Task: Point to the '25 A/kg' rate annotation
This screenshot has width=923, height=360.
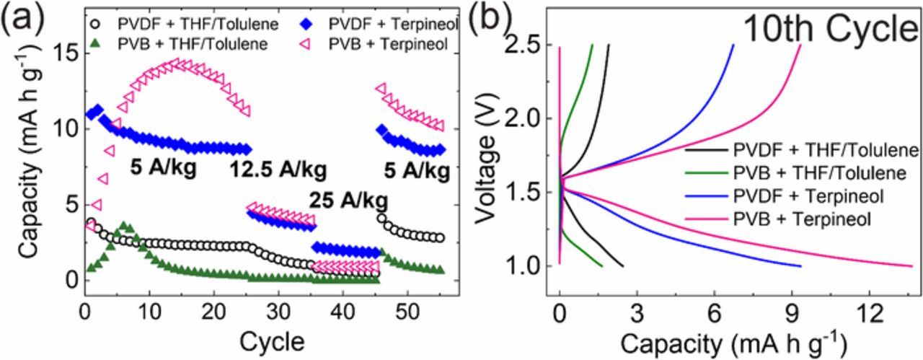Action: (349, 199)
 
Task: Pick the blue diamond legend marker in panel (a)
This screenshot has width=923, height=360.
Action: (305, 27)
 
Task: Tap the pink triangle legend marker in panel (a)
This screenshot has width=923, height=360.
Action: (305, 44)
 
